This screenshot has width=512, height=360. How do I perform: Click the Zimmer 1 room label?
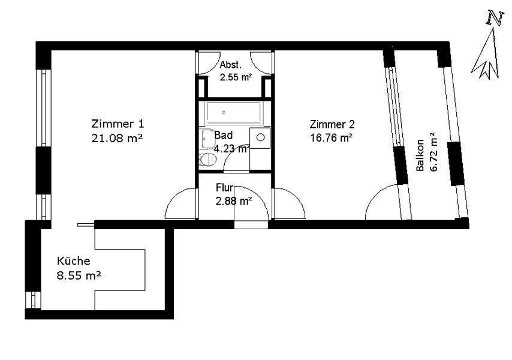[118, 124]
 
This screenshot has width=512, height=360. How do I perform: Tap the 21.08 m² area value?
[118, 138]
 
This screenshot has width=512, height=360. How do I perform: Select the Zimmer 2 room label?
[332, 124]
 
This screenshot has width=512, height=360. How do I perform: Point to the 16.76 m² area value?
[331, 138]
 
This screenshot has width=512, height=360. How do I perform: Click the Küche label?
[74, 261]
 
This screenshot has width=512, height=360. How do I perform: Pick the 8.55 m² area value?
[79, 275]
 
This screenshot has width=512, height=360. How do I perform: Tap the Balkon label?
[420, 155]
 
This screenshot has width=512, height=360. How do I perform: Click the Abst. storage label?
[231, 65]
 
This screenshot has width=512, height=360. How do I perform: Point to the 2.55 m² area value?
[236, 77]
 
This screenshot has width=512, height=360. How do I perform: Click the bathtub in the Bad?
[233, 113]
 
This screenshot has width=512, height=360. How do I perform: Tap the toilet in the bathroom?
[207, 160]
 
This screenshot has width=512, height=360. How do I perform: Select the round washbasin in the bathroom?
[260, 137]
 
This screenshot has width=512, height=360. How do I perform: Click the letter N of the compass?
[495, 17]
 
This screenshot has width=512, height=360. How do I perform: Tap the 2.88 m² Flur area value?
[233, 201]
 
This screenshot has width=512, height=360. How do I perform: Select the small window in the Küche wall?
[33, 300]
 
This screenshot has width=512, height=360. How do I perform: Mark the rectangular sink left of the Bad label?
[207, 140]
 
